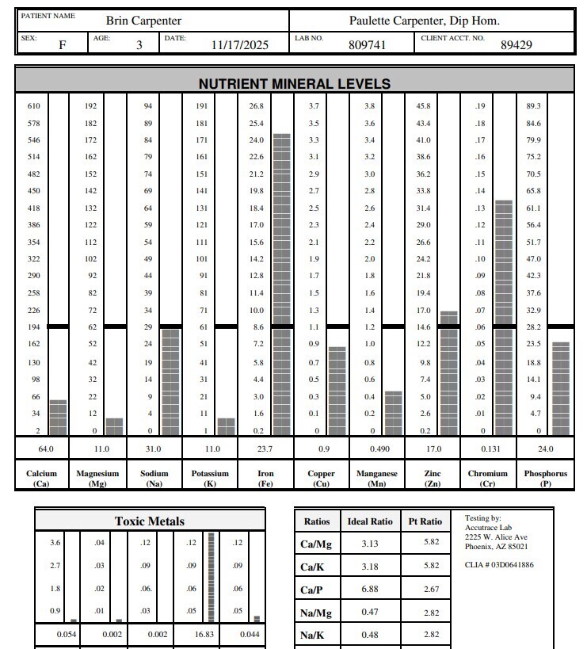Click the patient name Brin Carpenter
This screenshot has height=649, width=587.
click(143, 21)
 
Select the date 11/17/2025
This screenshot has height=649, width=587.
click(240, 45)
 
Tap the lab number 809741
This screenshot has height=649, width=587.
click(368, 45)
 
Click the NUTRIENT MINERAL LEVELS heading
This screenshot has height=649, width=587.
click(294, 83)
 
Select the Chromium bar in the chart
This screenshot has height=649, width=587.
click(504, 317)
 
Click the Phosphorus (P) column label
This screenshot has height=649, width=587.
click(546, 478)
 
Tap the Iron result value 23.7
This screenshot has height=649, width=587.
click(266, 449)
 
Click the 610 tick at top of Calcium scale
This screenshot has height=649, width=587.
click(34, 106)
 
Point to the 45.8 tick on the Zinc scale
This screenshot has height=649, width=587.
click(424, 106)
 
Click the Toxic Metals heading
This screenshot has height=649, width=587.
click(150, 521)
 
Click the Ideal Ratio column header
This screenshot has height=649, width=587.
click(370, 521)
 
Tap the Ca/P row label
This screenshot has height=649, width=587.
click(311, 590)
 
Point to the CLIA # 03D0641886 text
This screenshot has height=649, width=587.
click(499, 565)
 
